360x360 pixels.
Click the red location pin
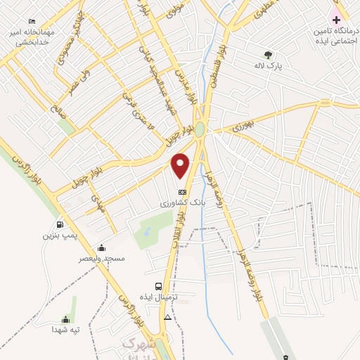coord(181,165)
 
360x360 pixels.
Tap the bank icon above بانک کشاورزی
coord(182,191)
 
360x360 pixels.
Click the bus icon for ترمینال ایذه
coord(158,286)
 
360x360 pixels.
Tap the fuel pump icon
coord(59,224)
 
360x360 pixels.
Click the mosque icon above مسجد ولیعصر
coord(102,247)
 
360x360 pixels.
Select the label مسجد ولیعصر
coord(103,259)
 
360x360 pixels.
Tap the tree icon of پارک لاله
coord(267,54)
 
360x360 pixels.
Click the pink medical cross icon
coord(336,19)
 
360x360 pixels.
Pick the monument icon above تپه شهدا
coord(66,319)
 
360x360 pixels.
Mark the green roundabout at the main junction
coord(200,129)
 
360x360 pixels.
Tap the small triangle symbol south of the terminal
coord(167,317)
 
